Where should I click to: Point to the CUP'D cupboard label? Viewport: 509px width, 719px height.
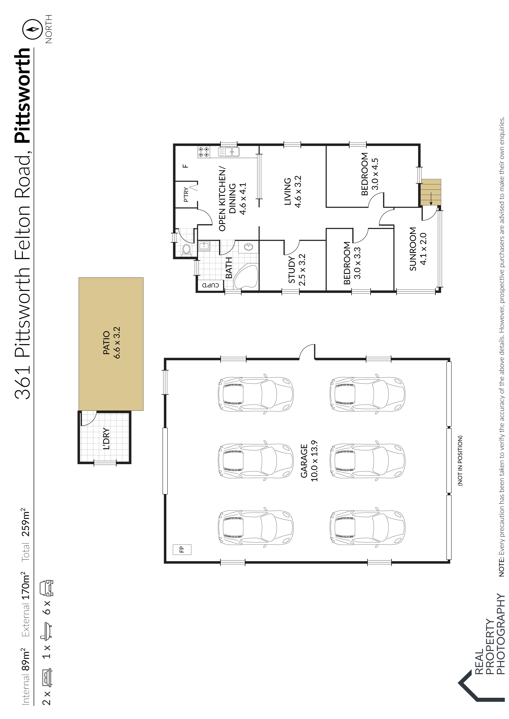210,285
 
